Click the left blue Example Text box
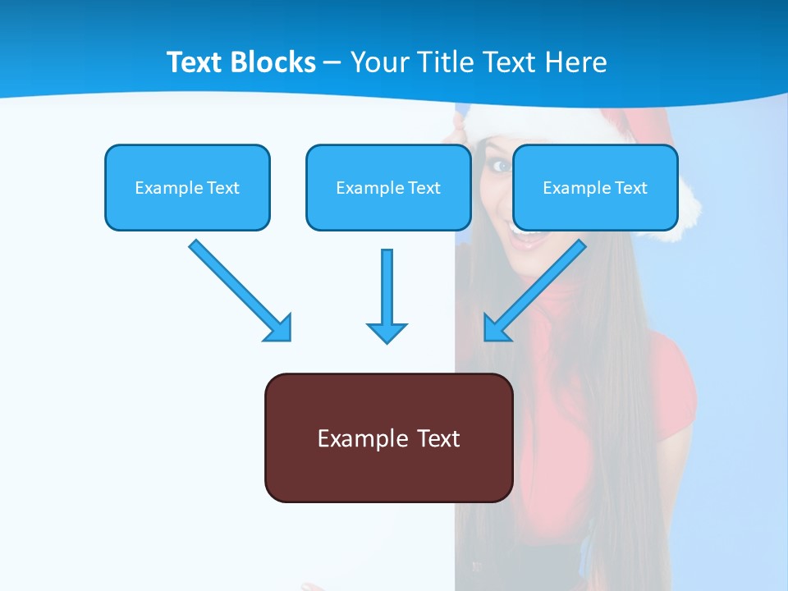pos(187,187)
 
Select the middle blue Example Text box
pos(388,187)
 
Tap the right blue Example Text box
pos(595,187)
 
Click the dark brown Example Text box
pos(388,438)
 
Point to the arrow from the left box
pos(234,285)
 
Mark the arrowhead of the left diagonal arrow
pos(278,328)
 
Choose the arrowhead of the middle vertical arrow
pos(387,332)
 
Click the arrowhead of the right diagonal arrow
pos(497,327)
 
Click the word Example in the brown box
pos(352,438)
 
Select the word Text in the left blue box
pos(223,187)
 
